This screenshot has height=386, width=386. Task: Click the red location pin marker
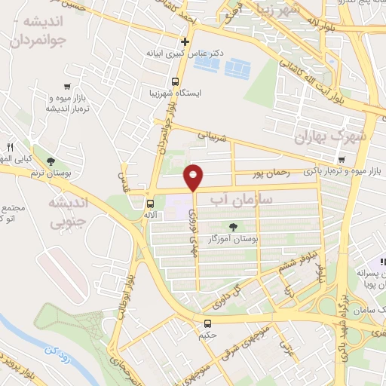click(x=195, y=177)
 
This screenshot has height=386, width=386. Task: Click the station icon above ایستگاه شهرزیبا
click(x=176, y=81)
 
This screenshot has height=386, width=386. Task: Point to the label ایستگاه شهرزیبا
click(x=176, y=93)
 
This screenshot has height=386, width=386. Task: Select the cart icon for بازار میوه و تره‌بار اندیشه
click(x=68, y=87)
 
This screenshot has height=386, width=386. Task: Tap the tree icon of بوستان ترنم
click(x=51, y=161)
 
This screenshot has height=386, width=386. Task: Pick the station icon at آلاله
click(x=149, y=204)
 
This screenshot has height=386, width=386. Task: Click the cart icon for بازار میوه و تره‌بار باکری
click(x=342, y=159)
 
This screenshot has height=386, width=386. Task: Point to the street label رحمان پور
click(x=272, y=173)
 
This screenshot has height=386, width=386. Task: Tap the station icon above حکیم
click(x=207, y=323)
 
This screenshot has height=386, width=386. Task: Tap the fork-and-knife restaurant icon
click(x=11, y=146)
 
